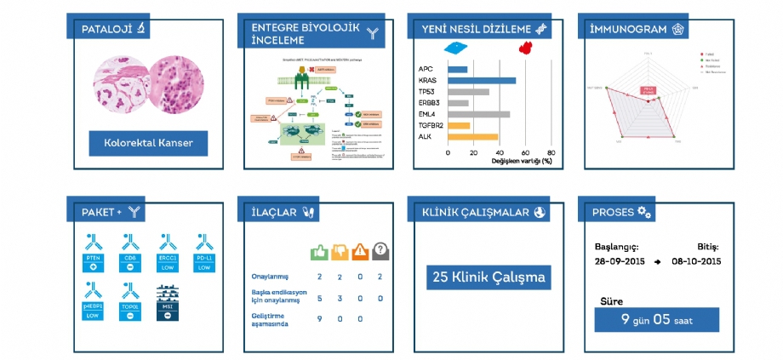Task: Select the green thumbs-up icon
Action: pyautogui.click(x=319, y=252)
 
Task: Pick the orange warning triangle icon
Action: pyautogui.click(x=360, y=252)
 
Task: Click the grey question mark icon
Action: pyautogui.click(x=380, y=252)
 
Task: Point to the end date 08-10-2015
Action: pyautogui.click(x=696, y=260)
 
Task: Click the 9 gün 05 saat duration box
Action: pyautogui.click(x=656, y=320)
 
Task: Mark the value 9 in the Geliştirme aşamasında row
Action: pyautogui.click(x=319, y=319)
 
